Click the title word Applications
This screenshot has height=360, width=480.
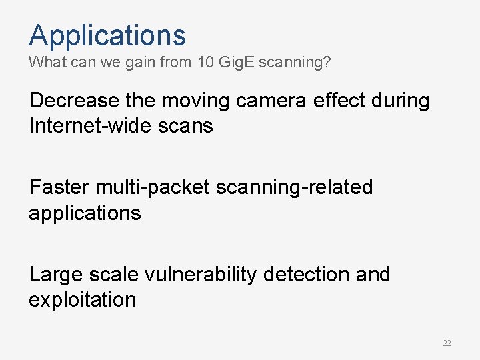[x=107, y=35]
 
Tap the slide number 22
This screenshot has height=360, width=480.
[x=447, y=343]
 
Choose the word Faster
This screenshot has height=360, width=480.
[x=59, y=187]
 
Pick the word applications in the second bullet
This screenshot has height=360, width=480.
[x=85, y=213]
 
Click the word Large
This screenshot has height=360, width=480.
[x=55, y=275]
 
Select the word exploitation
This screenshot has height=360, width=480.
[x=82, y=299]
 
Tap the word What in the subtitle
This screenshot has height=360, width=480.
[x=44, y=63]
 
